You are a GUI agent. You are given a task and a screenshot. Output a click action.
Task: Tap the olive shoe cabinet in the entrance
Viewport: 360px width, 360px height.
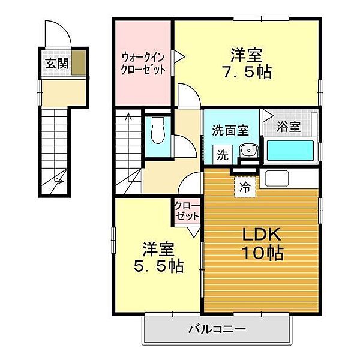[x=79, y=63]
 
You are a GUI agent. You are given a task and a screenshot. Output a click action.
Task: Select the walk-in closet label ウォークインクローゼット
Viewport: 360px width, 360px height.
[x=143, y=64]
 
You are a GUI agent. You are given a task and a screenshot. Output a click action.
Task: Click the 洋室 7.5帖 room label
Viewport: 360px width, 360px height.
[x=247, y=63]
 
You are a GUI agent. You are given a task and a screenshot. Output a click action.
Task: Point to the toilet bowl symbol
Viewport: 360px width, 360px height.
[x=158, y=130]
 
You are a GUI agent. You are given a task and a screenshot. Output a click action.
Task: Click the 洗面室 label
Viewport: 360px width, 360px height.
[x=230, y=130]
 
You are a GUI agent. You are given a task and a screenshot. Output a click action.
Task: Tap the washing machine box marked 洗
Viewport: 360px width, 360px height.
[x=223, y=155]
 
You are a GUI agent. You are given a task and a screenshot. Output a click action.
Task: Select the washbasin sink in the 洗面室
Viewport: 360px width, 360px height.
[x=248, y=151]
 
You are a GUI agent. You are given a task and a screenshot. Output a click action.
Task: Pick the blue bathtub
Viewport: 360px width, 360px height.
[x=290, y=151]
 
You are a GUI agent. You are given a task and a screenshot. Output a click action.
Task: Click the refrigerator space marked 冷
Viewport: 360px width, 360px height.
[x=245, y=187]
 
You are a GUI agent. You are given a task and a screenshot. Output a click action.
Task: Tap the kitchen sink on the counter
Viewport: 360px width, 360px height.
[x=277, y=178]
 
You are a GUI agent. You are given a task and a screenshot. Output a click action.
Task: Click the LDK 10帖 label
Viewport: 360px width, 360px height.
[x=262, y=244]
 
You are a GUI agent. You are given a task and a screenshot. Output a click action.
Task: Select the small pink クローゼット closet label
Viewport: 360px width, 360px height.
[x=187, y=211]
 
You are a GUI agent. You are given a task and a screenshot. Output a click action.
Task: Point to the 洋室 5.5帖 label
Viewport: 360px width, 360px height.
[x=158, y=257]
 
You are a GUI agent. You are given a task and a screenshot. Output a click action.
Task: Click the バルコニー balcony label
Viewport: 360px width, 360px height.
[x=217, y=329]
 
